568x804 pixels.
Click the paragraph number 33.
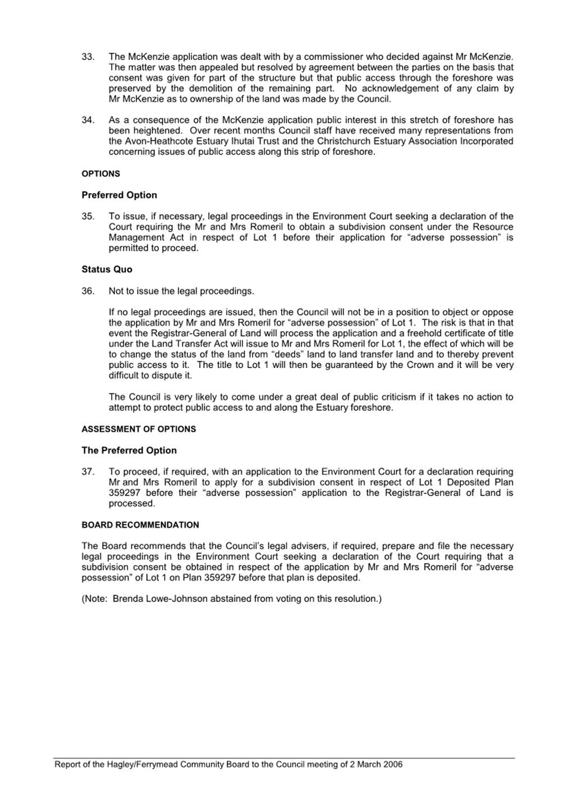(x=88, y=57)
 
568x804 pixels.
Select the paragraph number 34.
(x=88, y=120)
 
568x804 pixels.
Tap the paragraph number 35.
(x=88, y=217)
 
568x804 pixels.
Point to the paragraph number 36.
(x=88, y=291)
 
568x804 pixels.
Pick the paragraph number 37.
(x=88, y=472)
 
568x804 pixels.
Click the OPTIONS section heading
(x=101, y=174)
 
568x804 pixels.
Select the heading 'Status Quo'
(x=107, y=269)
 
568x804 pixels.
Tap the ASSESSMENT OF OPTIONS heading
(x=139, y=429)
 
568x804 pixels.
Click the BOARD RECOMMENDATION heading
(x=140, y=525)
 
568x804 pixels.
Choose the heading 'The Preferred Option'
(x=129, y=451)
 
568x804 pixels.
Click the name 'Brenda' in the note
(x=128, y=599)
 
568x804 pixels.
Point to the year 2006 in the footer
(x=393, y=764)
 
